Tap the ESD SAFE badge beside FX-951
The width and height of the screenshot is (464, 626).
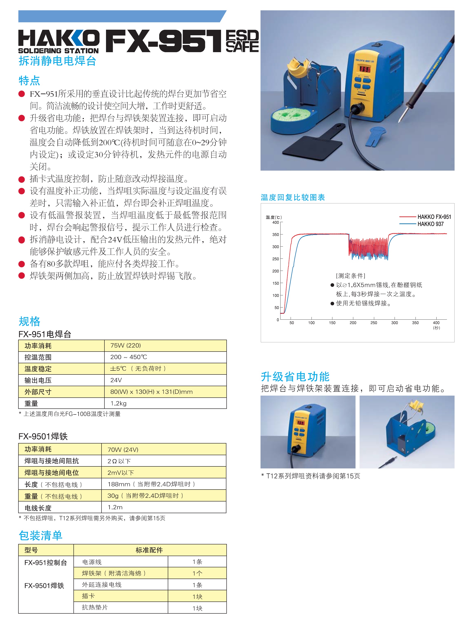(242, 41)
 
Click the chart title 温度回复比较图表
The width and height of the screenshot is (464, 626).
(293, 197)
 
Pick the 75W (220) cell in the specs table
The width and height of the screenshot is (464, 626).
(126, 345)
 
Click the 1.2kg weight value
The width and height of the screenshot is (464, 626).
(118, 403)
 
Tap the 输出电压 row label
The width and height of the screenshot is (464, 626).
(38, 380)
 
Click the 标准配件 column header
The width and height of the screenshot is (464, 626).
(149, 550)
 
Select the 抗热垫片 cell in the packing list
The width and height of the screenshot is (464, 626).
(95, 607)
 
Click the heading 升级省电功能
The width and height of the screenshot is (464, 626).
(295, 376)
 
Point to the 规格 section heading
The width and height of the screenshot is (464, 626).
(29, 321)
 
